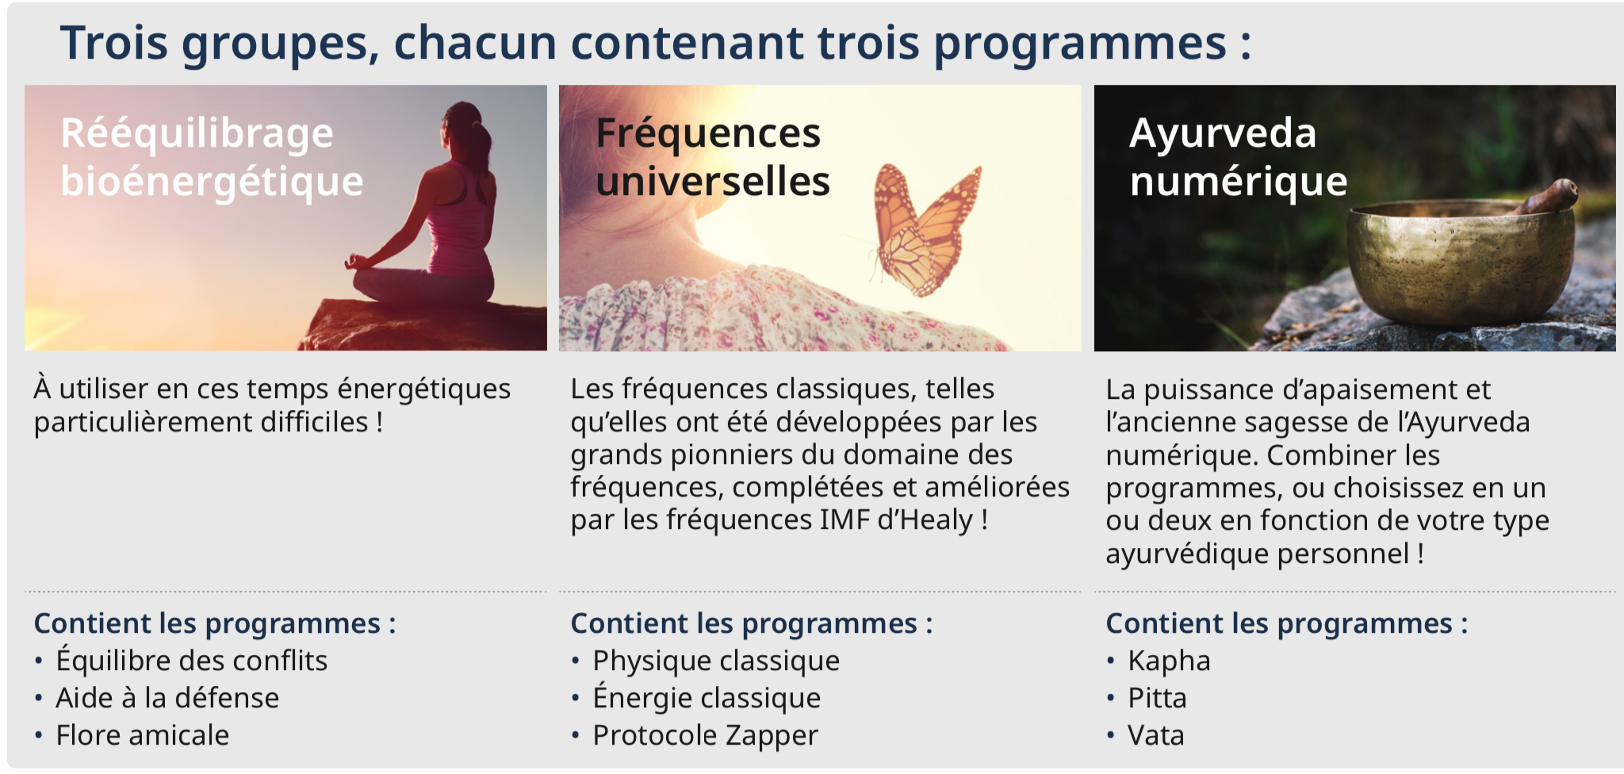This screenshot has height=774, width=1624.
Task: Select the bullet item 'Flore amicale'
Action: tap(143, 735)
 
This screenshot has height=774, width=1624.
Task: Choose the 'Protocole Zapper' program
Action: tap(705, 735)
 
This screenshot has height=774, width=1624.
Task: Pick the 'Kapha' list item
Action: tap(1169, 661)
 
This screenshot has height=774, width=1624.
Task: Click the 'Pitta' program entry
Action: tap(1157, 698)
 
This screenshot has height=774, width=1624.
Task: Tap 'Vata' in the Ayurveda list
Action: tap(1155, 735)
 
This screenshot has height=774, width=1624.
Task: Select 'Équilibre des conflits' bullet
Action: tap(191, 660)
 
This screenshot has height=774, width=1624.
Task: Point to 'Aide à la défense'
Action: tap(167, 698)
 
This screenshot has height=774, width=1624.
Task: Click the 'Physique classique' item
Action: tap(716, 661)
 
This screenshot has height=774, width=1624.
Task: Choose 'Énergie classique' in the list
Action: tap(707, 697)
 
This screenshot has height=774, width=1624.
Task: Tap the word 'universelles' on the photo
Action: tap(713, 182)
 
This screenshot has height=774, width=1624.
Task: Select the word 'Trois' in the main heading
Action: tap(114, 43)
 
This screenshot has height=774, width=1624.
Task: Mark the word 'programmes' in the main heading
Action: tap(1080, 44)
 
